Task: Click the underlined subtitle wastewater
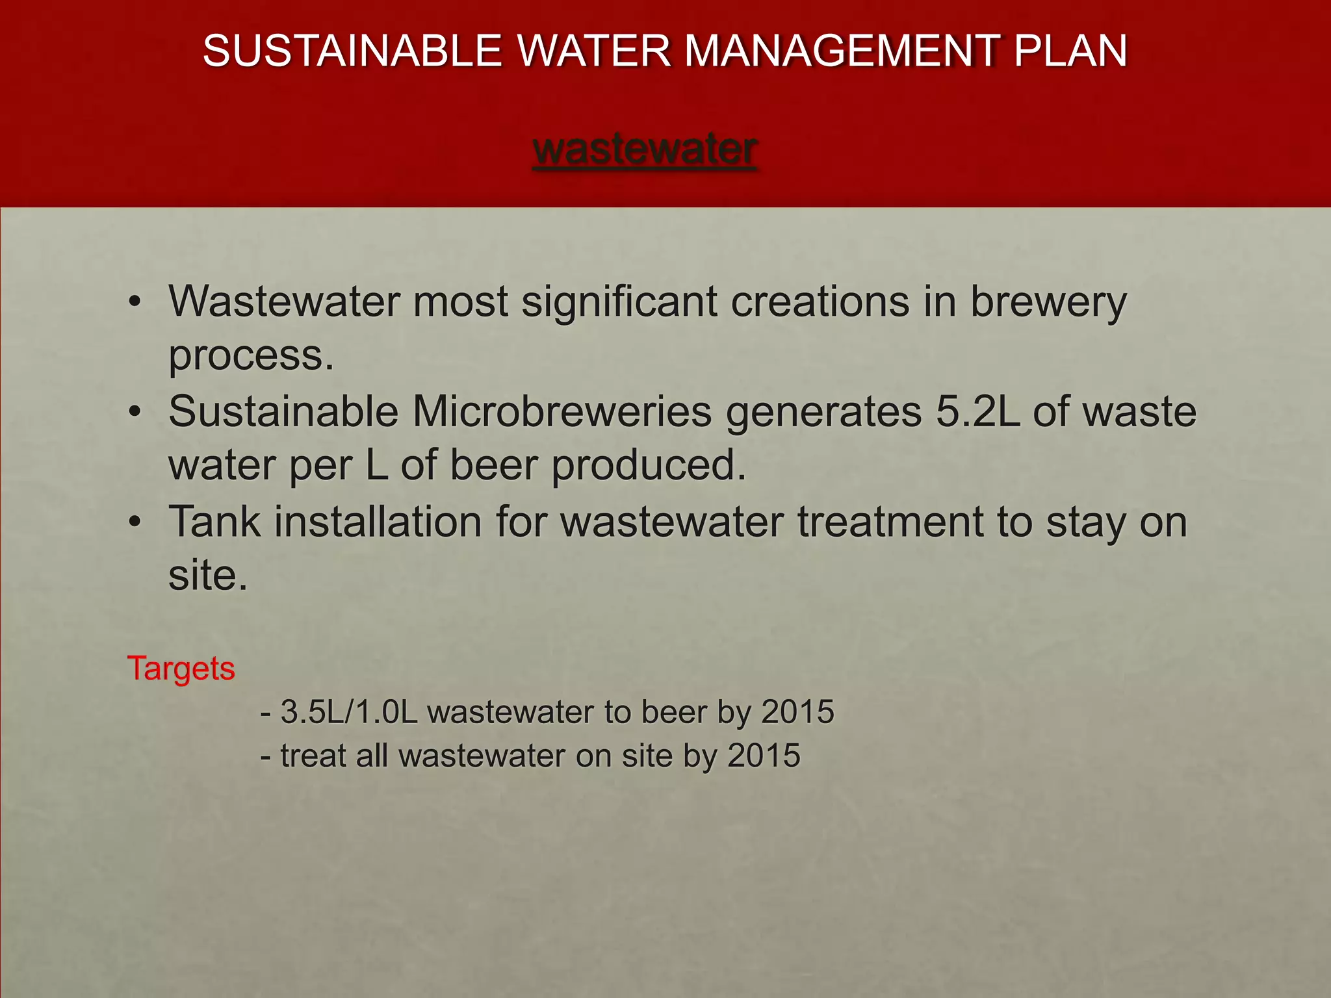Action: pos(645,149)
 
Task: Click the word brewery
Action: pos(1048,303)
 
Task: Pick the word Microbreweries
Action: pos(562,412)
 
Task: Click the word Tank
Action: pos(214,522)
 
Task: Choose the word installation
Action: pos(378,522)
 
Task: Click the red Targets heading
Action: pos(181,669)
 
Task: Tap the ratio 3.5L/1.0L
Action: pos(348,712)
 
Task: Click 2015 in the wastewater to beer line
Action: pos(797,712)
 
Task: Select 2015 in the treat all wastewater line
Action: pos(764,756)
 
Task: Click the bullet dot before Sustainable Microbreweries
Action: pos(135,412)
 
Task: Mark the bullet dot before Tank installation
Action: pos(135,522)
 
